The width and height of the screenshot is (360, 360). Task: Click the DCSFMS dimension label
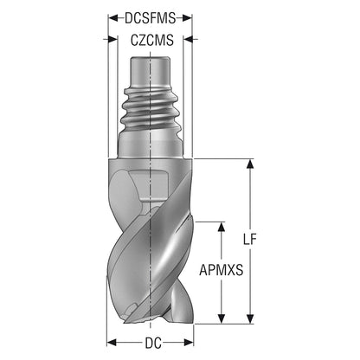point(150,18)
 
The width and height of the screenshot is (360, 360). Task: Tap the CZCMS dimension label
point(152,40)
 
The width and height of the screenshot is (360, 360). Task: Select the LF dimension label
point(249,239)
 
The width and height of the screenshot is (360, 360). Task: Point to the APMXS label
point(222,270)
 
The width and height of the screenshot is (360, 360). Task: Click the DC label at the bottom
point(153,344)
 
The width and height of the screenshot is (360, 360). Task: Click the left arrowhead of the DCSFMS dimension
point(112,18)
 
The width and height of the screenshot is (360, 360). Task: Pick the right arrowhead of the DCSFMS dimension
point(187,18)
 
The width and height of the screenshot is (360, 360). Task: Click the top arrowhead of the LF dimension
point(250,164)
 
